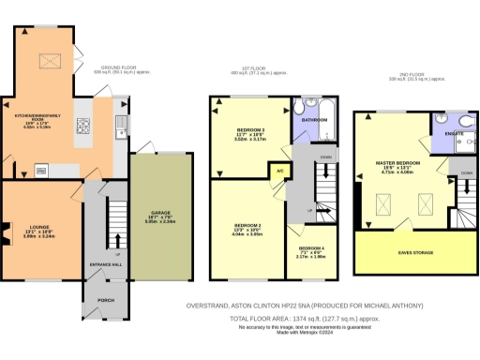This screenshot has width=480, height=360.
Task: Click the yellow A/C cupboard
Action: pyautogui.click(x=278, y=171)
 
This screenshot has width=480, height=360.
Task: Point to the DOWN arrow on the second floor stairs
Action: pyautogui.click(x=467, y=172)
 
